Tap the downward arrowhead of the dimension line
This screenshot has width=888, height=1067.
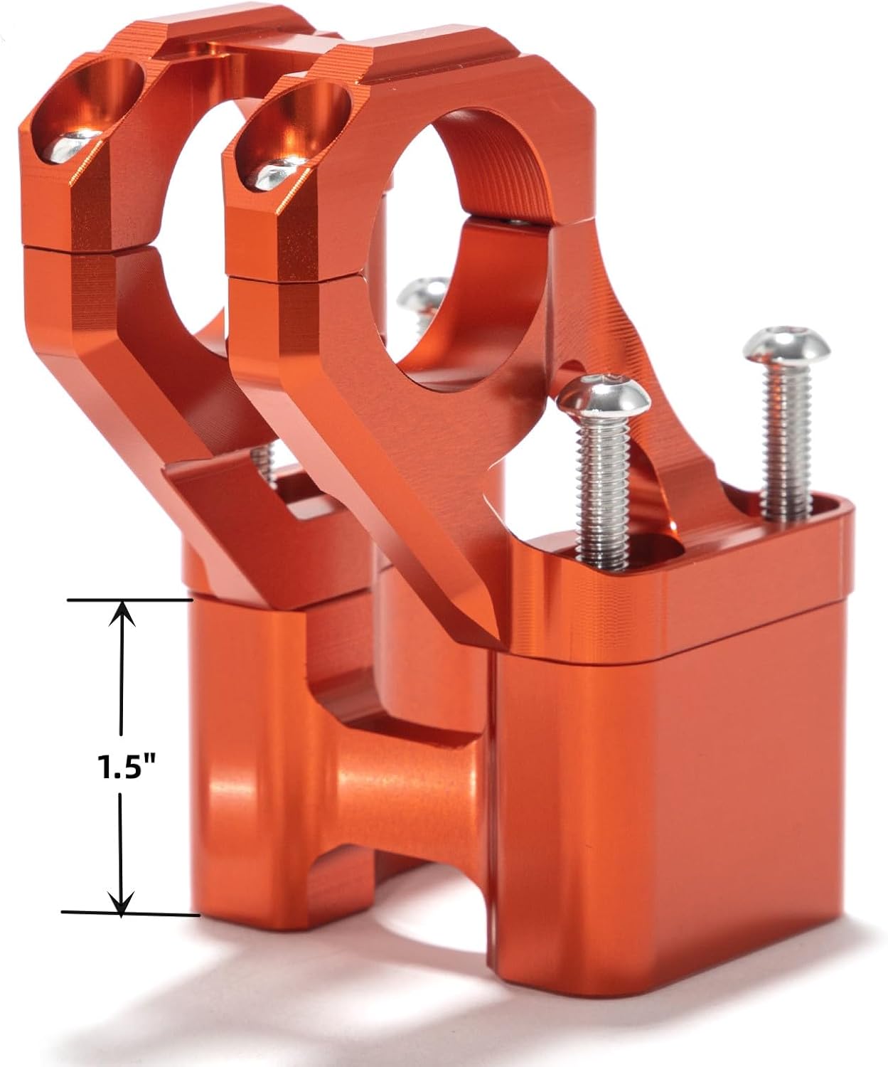(121, 904)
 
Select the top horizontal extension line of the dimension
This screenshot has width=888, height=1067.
(130, 600)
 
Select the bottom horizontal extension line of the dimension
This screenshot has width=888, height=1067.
(130, 913)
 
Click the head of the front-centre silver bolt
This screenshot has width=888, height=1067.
(604, 394)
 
